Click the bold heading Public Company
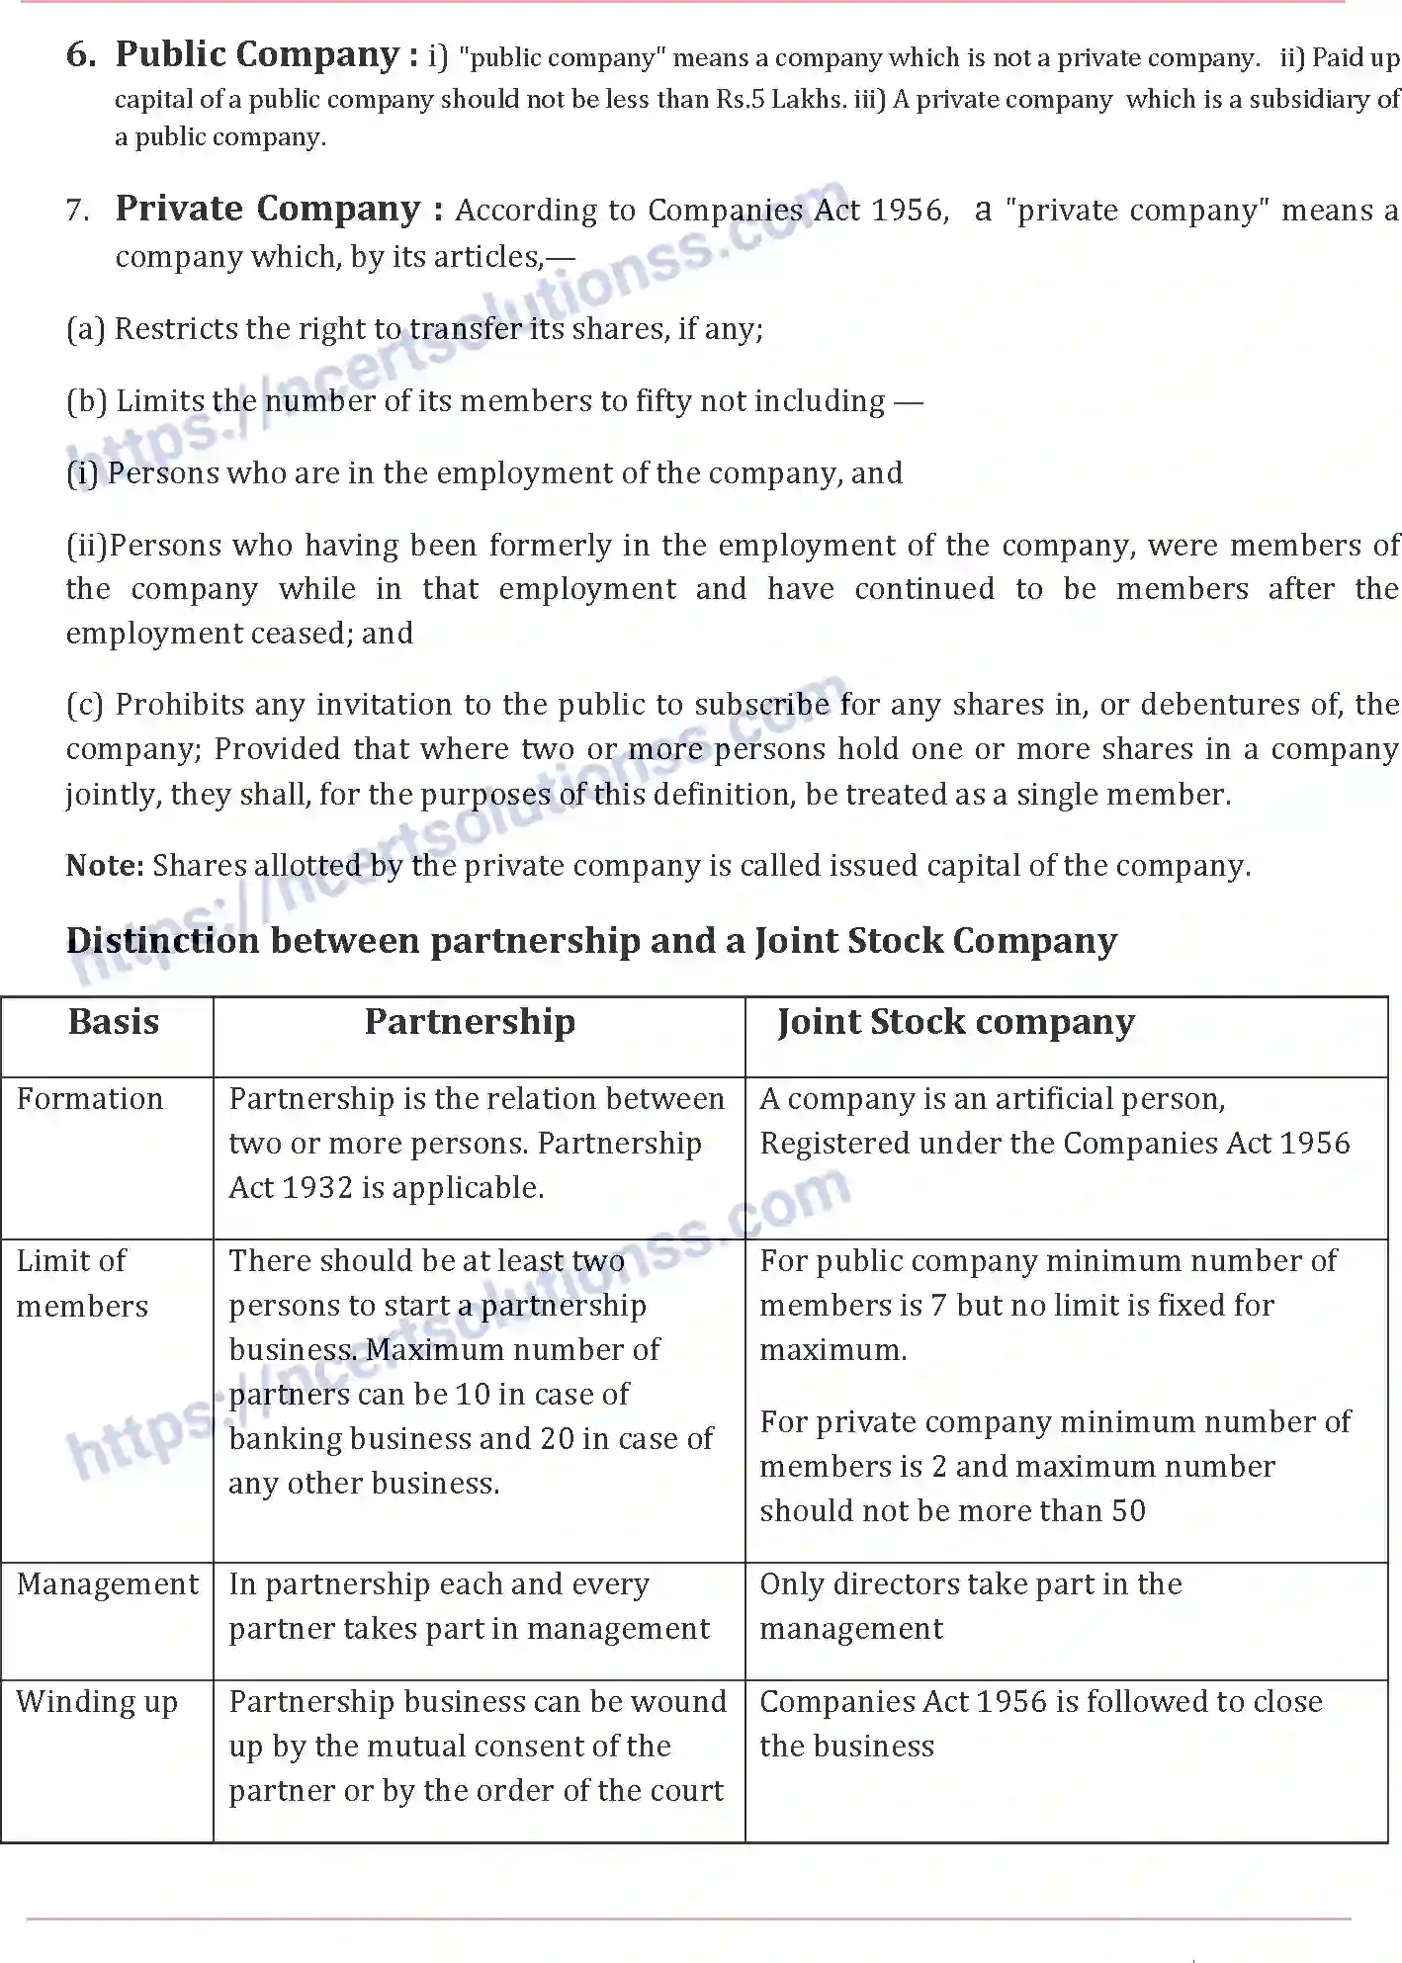coord(256,55)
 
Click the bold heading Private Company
coord(268,209)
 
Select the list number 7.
coord(78,211)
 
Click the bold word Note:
coord(105,866)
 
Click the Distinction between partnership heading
coord(591,940)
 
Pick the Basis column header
coord(113,1022)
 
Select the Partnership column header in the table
coord(470,1022)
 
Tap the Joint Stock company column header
coord(956,1022)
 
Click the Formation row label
coord(90,1099)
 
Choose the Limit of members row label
coord(82,1283)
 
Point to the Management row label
coord(108,1584)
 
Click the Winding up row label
coord(97,1702)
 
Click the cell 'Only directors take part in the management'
coord(970,1606)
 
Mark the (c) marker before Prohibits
coord(85,705)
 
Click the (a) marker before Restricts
coord(85,329)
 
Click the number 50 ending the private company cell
coord(1127,1511)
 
